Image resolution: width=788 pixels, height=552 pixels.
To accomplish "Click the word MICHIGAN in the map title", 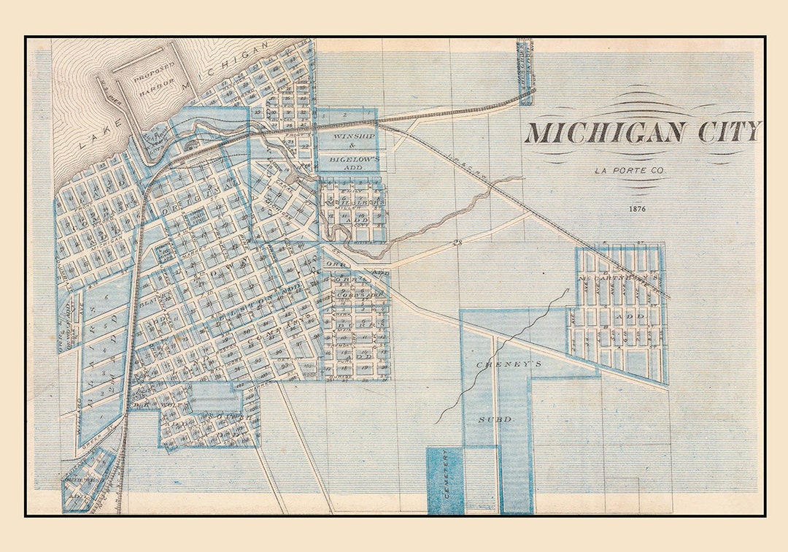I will click(x=605, y=132).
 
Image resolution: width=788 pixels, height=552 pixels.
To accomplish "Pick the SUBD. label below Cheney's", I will click(x=496, y=420).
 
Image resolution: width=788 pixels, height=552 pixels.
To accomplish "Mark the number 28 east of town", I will click(x=457, y=244).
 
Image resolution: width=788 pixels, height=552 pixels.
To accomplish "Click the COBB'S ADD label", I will click(x=356, y=294).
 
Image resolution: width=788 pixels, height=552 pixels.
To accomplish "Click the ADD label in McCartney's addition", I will click(x=630, y=317).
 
